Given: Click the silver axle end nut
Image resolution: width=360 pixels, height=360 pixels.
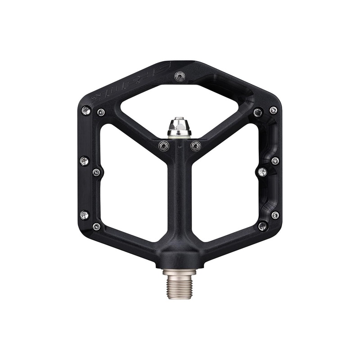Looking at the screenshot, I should pos(180,127).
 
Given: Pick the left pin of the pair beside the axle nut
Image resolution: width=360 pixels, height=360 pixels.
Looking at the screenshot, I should pos(164,145).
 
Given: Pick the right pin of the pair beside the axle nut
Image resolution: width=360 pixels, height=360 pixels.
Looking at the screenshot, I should pos(196,145).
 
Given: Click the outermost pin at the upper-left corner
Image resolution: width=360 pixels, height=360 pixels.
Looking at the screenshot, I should pos(86,110).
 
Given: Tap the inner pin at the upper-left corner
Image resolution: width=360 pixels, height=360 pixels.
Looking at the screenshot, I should pos(101,112).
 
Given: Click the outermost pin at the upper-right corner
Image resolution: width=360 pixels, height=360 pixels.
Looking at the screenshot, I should pos(273,110).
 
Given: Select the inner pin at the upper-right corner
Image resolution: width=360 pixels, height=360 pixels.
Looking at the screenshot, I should pos(258,112).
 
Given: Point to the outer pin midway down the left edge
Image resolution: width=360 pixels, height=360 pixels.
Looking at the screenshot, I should pos(84,160).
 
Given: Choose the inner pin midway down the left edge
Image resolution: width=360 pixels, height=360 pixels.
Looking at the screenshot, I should pos(96,172).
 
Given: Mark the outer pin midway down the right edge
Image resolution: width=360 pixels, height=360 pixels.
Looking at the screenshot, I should pos(275,161).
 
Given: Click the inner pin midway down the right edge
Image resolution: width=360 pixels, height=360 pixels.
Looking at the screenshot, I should pos(263,172).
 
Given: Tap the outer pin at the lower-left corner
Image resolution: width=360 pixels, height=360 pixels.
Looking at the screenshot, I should pos(84,215).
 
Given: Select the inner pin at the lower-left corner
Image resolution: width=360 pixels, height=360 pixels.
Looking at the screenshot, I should pos(96,226).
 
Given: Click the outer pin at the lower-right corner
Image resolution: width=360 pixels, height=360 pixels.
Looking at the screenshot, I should pos(275,215).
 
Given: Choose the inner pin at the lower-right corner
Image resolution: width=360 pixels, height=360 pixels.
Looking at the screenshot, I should pos(263,226).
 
